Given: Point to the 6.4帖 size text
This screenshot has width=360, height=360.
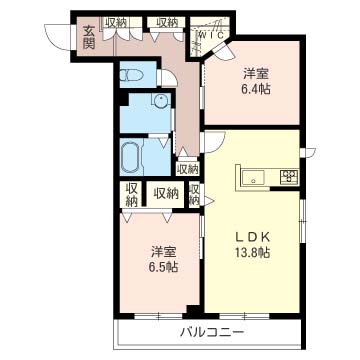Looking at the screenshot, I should [256, 88].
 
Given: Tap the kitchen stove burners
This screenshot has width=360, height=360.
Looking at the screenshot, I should [288, 178].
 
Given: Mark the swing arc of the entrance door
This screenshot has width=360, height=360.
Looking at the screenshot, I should [62, 36].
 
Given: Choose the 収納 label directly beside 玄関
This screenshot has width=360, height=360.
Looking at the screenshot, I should [116, 22].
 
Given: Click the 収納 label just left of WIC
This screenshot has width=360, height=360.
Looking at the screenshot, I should [167, 22].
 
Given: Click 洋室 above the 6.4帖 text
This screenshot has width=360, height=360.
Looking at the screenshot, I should [256, 72].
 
